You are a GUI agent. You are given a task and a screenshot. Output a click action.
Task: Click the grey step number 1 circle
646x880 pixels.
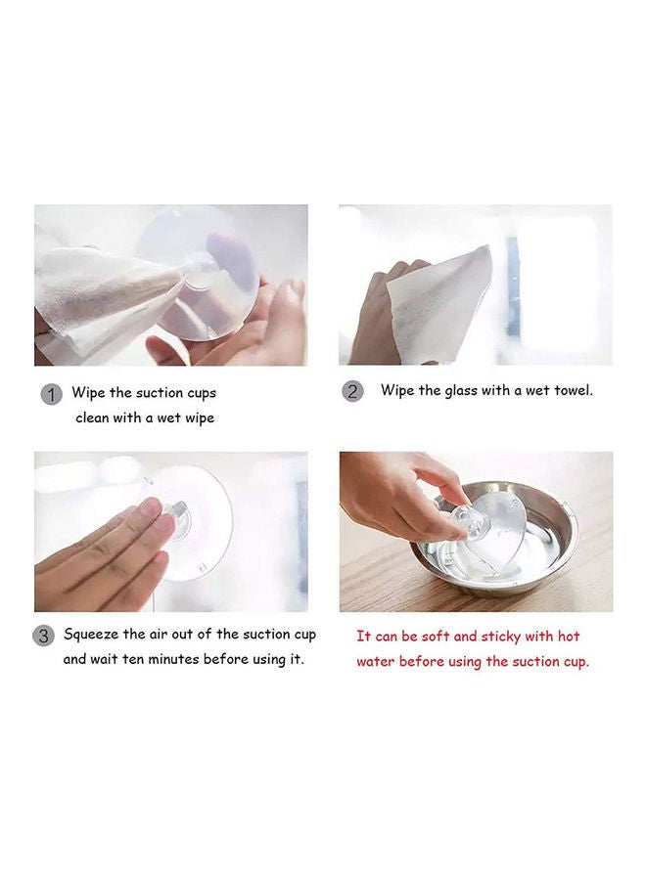click(51, 395)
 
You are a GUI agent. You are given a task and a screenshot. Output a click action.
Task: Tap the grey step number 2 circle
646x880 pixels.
click(352, 391)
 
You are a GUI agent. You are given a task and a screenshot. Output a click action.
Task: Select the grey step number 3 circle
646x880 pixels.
click(43, 637)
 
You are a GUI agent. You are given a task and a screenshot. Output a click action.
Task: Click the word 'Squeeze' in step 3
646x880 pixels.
click(91, 635)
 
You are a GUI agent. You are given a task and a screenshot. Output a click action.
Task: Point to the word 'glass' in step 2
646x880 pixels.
click(460, 390)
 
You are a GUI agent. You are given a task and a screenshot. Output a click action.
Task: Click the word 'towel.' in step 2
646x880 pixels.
click(574, 390)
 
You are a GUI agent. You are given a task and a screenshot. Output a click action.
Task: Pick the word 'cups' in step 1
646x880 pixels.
click(202, 393)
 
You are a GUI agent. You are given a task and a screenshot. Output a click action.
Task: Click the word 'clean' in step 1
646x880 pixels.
click(92, 418)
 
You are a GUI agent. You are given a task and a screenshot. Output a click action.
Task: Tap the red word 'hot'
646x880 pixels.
click(569, 636)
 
